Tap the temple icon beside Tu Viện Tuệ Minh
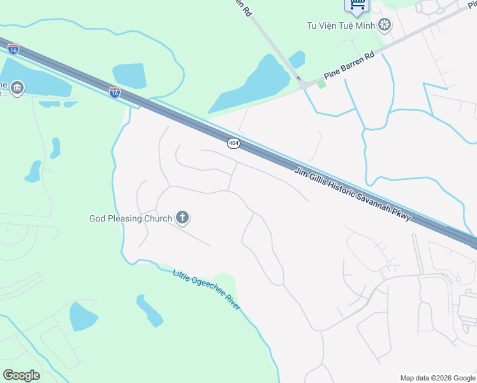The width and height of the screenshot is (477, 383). click(385, 26)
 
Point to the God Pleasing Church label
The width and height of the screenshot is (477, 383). click(130, 218)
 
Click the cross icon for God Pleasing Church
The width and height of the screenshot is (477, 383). click(183, 218)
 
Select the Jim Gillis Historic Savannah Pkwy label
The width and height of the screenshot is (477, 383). click(354, 195)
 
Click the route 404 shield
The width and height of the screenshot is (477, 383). click(233, 144)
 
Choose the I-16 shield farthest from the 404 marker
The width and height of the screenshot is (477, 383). click(13, 49)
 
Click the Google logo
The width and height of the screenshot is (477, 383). click(21, 375)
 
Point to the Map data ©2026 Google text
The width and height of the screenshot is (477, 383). click(437, 378)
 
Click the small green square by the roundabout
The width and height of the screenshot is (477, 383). click(321, 84)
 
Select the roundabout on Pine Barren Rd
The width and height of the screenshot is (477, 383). click(304, 86)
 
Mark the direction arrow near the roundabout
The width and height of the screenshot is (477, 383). click(299, 79)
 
